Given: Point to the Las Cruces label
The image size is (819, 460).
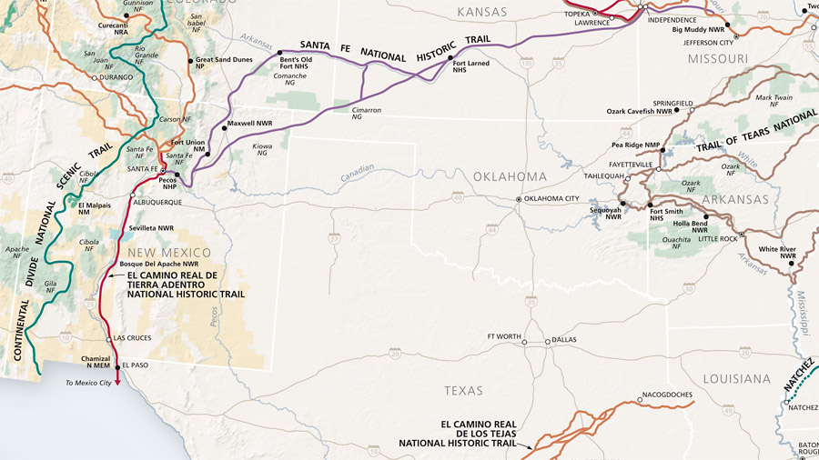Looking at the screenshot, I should (133, 338).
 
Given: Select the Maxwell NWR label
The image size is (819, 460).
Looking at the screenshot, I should (250, 122).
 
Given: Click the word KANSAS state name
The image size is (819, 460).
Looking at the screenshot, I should (481, 12).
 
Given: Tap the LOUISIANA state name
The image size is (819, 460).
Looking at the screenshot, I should (738, 378).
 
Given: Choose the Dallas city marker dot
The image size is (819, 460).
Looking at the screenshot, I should (548, 343).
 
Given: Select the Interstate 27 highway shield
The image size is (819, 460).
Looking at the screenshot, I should (335, 237).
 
